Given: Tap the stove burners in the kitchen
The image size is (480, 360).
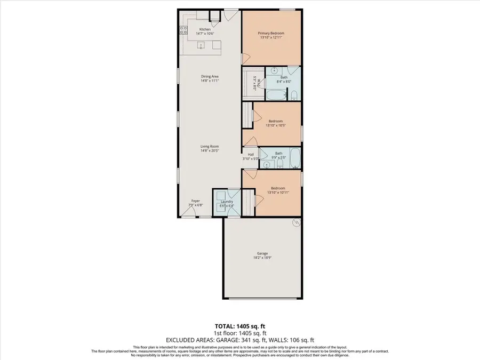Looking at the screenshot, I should (x=182, y=30).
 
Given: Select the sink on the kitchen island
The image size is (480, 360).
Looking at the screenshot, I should (x=202, y=45).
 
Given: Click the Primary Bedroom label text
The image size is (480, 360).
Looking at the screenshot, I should (x=271, y=34).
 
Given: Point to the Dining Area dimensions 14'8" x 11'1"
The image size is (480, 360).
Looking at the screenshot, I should (x=210, y=81).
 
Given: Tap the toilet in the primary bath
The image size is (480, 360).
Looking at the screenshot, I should (x=294, y=95).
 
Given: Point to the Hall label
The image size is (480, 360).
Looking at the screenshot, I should (x=251, y=154).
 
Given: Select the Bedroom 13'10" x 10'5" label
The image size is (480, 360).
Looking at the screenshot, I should (x=276, y=121).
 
